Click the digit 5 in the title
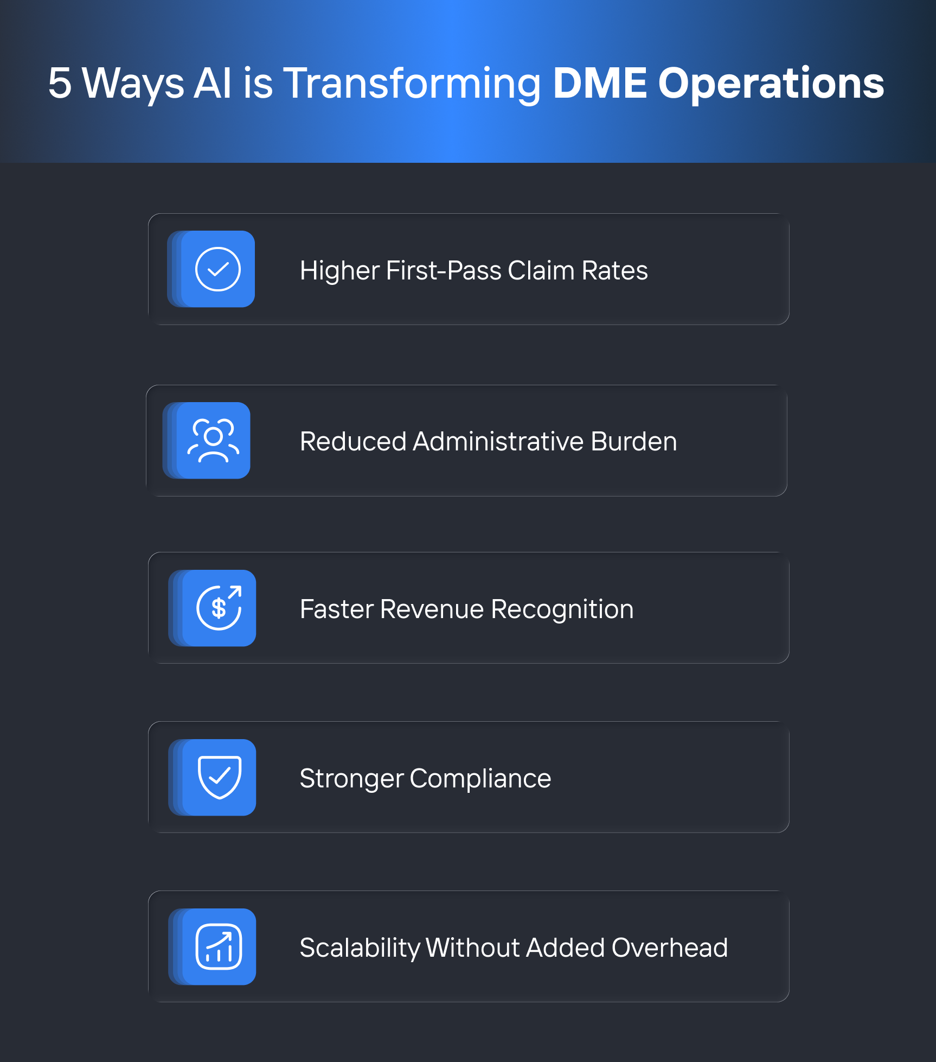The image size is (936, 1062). click(60, 83)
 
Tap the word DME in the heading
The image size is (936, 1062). click(600, 83)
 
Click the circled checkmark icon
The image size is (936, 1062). click(218, 269)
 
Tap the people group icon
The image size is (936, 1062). click(213, 440)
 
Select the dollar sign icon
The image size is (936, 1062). click(219, 608)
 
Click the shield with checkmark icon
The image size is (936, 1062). click(220, 777)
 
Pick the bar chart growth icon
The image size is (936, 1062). click(219, 946)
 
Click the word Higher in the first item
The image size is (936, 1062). click(339, 271)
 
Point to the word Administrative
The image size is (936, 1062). click(498, 441)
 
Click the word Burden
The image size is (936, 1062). click(633, 441)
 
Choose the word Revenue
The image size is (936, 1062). click(432, 609)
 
